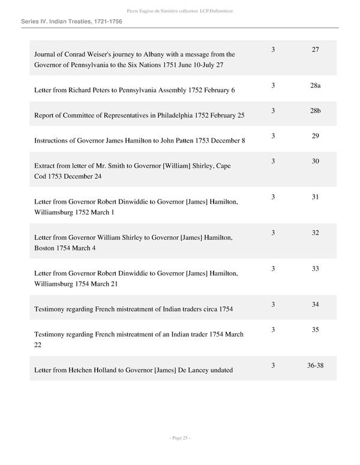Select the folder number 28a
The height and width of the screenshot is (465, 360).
[315, 86]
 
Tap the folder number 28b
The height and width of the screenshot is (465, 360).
[315, 111]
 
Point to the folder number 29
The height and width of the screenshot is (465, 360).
[315, 136]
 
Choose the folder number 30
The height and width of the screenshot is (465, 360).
[315, 161]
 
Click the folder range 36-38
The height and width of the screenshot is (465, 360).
[315, 366]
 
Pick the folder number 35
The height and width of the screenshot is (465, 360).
[315, 330]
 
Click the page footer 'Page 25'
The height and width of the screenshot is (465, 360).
[179, 438]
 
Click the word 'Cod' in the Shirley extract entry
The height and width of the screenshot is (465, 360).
[40, 176]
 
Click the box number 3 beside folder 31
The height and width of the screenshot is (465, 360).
[273, 197]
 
